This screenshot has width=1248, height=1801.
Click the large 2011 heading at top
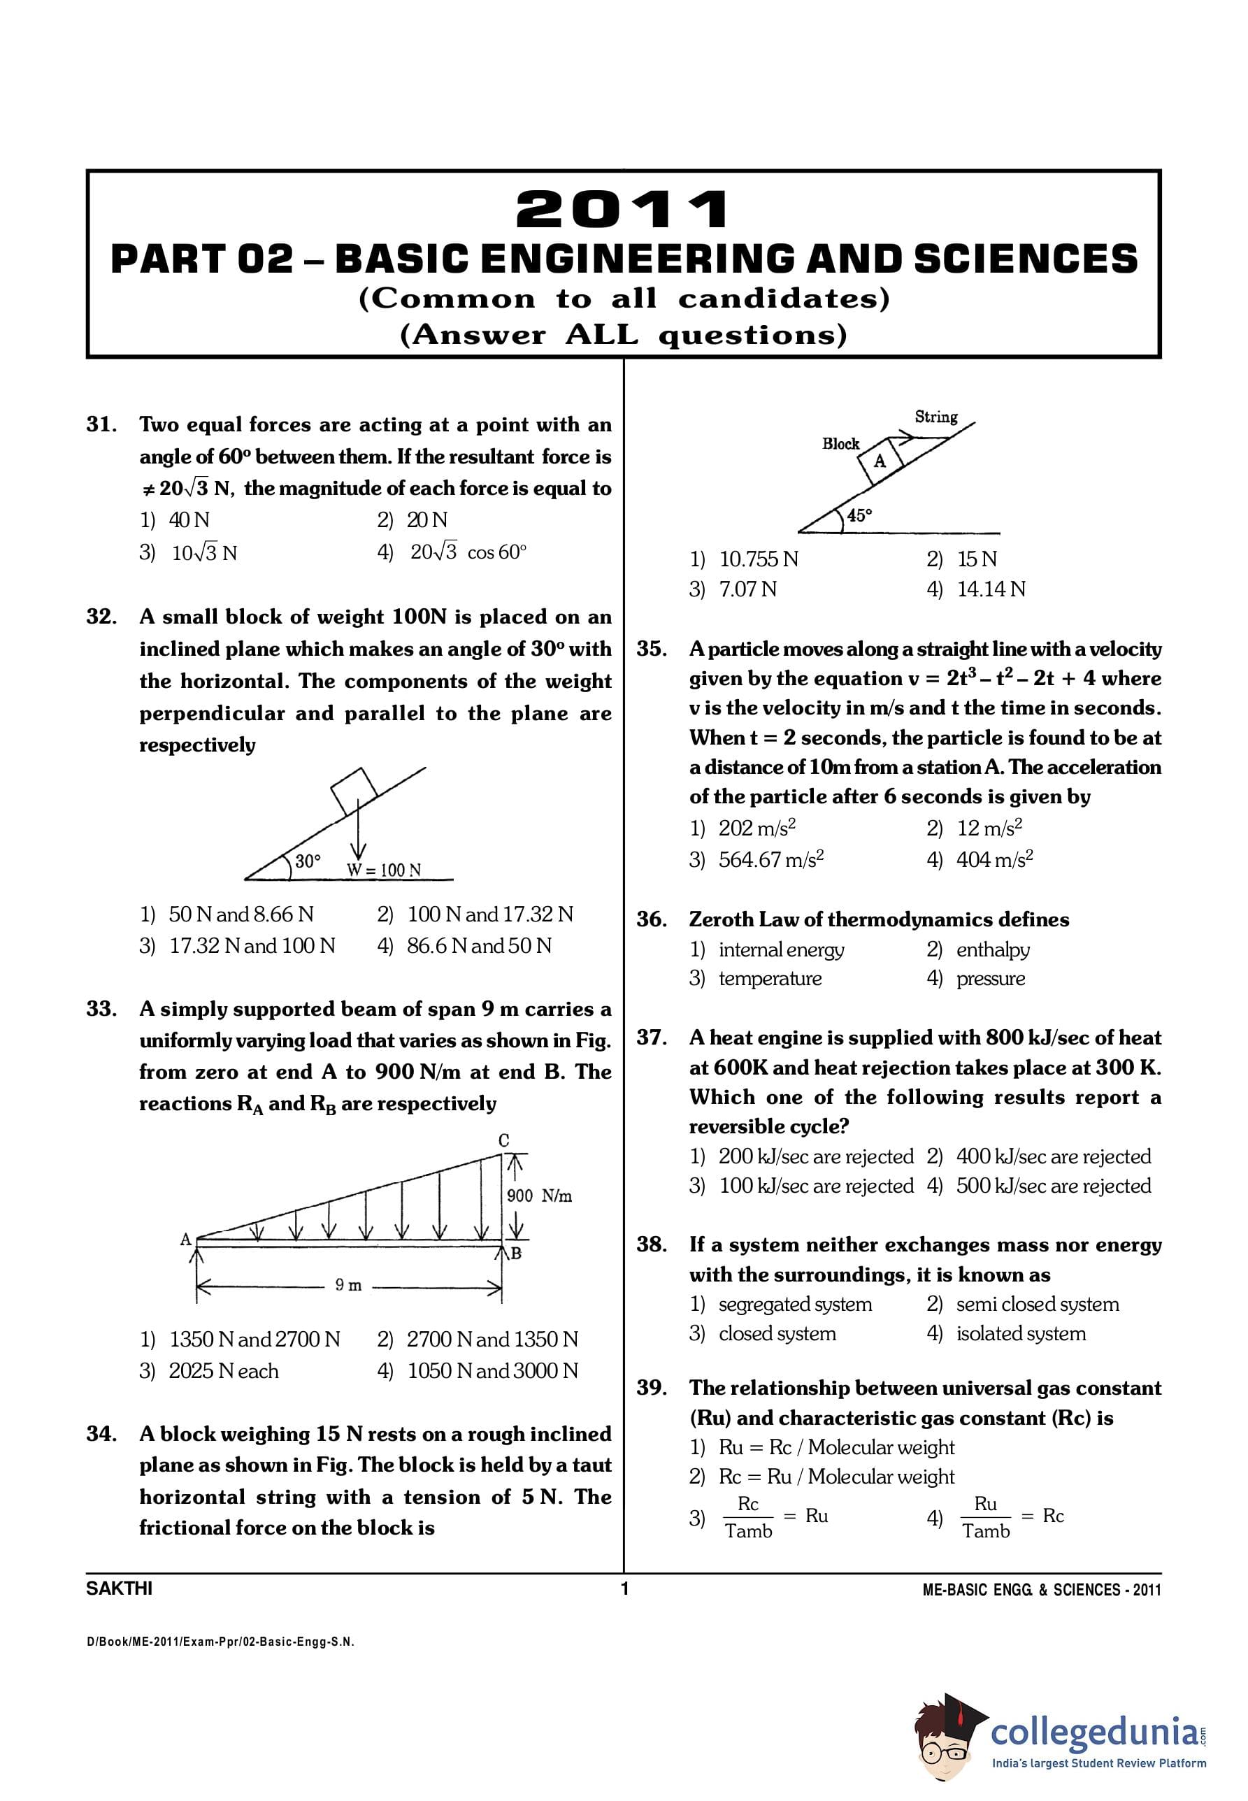tap(623, 210)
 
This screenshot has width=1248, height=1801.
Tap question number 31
tap(101, 424)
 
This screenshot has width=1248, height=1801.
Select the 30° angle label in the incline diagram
tap(308, 861)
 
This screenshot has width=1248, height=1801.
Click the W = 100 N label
tap(384, 870)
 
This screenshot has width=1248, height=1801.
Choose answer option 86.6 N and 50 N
tap(478, 946)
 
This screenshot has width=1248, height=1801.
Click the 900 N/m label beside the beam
tap(540, 1196)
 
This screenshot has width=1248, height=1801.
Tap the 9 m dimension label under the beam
tap(348, 1285)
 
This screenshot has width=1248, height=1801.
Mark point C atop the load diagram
tap(504, 1140)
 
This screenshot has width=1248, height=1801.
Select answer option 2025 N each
tap(224, 1371)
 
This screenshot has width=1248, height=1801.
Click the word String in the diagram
tap(936, 417)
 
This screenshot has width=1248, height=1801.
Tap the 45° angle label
tap(859, 515)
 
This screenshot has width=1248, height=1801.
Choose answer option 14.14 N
tap(991, 589)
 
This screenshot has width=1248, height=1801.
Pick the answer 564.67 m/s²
tap(771, 860)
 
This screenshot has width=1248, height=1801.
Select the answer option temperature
tap(770, 979)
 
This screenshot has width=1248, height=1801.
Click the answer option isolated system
tap(1021, 1334)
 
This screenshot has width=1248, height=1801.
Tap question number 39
tap(652, 1388)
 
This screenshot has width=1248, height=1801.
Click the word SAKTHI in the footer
tap(119, 1588)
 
